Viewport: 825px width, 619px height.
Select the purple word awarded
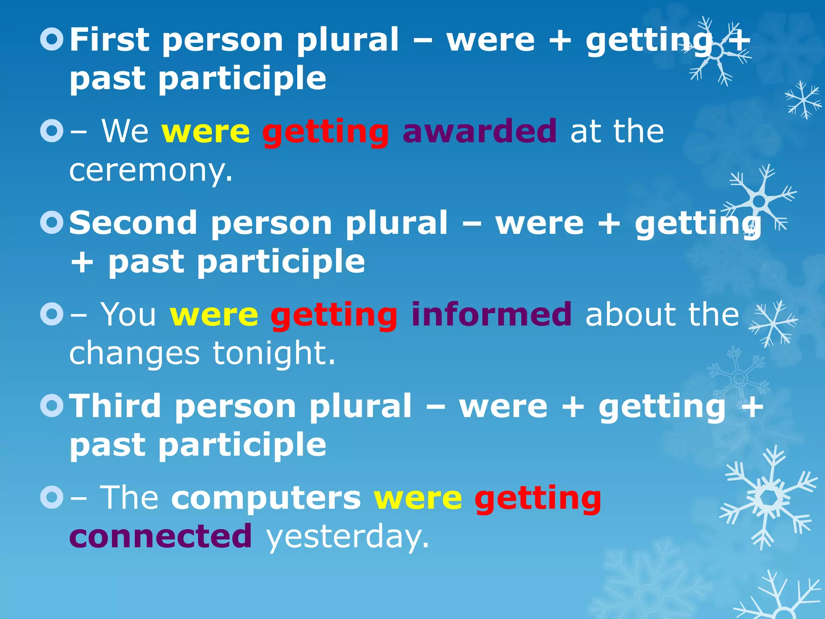click(480, 131)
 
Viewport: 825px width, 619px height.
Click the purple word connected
click(161, 536)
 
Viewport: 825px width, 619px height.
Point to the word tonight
click(274, 353)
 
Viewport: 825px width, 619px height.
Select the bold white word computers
click(266, 498)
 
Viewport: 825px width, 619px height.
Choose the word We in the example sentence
click(125, 131)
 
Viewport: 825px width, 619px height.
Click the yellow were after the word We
click(205, 132)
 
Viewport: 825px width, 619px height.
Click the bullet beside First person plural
click(52, 39)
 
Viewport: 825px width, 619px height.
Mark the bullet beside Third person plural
click(52, 405)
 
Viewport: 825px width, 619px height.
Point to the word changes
click(134, 353)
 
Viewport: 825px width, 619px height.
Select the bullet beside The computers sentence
click(52, 497)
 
